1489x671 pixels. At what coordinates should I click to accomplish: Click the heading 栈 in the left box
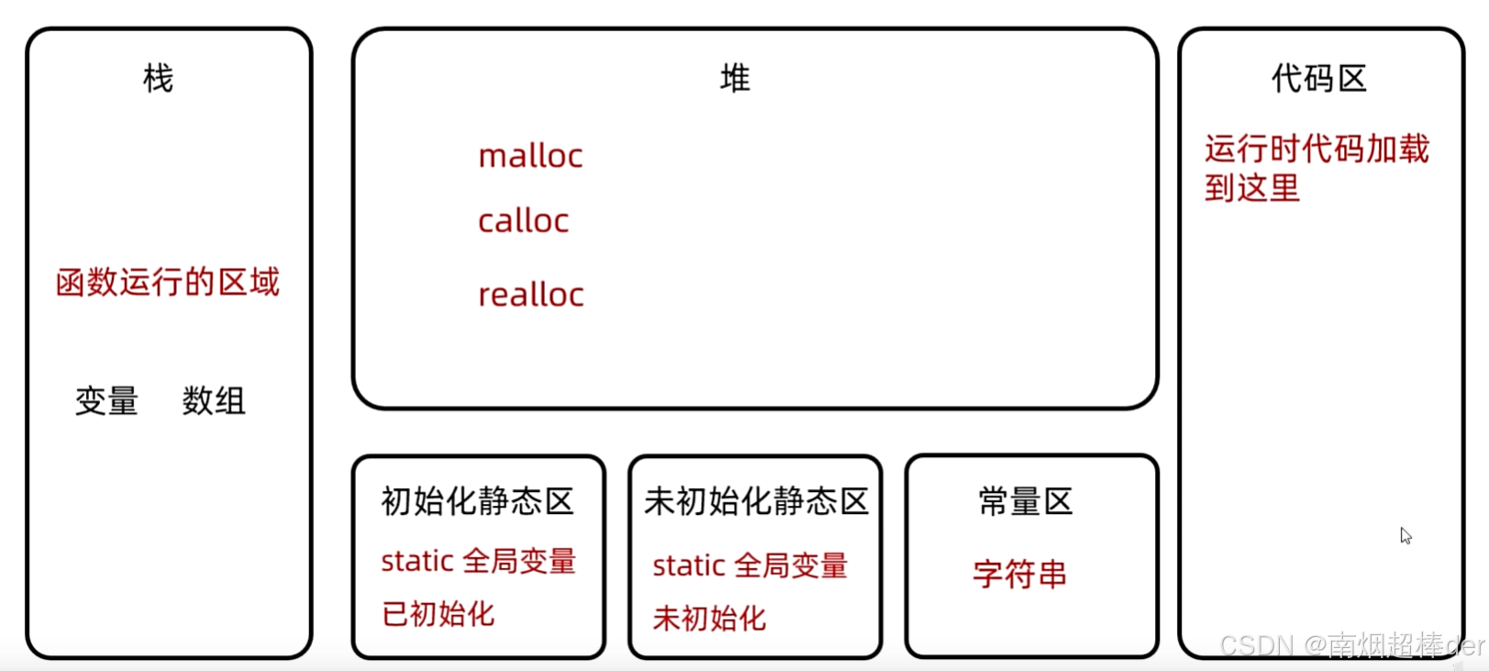tap(158, 79)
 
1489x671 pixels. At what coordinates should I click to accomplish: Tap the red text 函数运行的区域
tap(167, 282)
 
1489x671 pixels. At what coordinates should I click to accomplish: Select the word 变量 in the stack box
tap(106, 401)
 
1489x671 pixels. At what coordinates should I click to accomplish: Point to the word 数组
tap(213, 401)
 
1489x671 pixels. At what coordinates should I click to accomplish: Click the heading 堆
tap(735, 79)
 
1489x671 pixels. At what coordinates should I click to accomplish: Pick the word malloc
tap(530, 156)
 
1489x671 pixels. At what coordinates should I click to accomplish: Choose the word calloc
tap(523, 221)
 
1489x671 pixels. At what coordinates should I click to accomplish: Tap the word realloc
tap(530, 295)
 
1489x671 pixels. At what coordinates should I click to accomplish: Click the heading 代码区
tap(1318, 79)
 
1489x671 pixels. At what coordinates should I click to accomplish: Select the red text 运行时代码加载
tap(1317, 149)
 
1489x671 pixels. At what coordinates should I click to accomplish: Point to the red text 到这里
tap(1252, 188)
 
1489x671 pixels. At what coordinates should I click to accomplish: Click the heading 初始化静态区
tap(477, 501)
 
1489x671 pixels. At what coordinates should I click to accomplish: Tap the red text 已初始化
tap(438, 613)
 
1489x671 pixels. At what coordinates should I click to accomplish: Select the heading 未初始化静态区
tap(756, 501)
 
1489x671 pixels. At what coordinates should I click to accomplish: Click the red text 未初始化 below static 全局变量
tap(709, 618)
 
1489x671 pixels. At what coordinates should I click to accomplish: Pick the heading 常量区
tap(1025, 502)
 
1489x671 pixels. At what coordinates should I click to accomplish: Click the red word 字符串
tap(1020, 575)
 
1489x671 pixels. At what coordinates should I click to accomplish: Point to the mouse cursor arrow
tap(1405, 535)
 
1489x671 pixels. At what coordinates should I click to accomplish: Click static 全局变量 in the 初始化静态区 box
tap(478, 561)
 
